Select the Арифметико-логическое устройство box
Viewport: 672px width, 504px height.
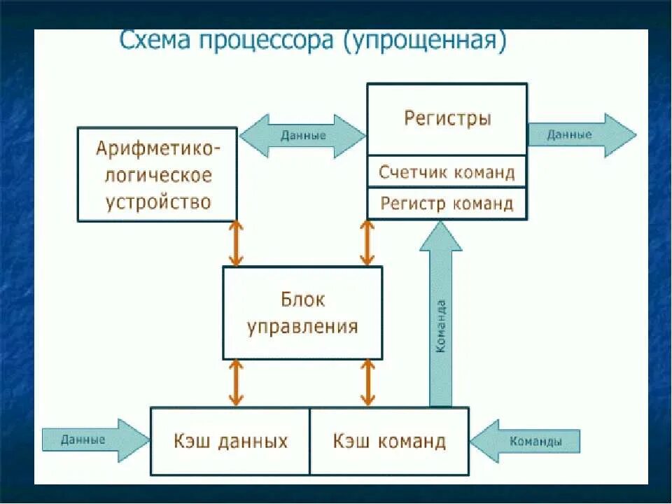click(157, 174)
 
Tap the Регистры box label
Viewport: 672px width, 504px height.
click(447, 118)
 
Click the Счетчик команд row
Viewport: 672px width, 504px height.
click(447, 171)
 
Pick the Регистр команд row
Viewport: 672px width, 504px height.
click(447, 204)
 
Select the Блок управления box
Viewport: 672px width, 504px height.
click(302, 313)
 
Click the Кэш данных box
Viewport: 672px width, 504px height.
click(230, 442)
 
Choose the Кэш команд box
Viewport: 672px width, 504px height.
click(389, 442)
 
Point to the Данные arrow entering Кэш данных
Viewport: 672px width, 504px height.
click(94, 440)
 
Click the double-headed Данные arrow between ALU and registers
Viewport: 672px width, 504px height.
click(303, 135)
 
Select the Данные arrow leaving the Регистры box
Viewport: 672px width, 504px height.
click(580, 134)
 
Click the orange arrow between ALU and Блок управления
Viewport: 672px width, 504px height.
click(236, 244)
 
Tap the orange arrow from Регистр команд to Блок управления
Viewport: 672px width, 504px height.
click(365, 244)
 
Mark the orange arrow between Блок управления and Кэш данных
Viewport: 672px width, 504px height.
click(236, 383)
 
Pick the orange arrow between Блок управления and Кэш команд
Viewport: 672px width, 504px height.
click(365, 383)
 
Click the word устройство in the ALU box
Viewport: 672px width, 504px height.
click(158, 202)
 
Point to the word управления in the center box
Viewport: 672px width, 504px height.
click(302, 326)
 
